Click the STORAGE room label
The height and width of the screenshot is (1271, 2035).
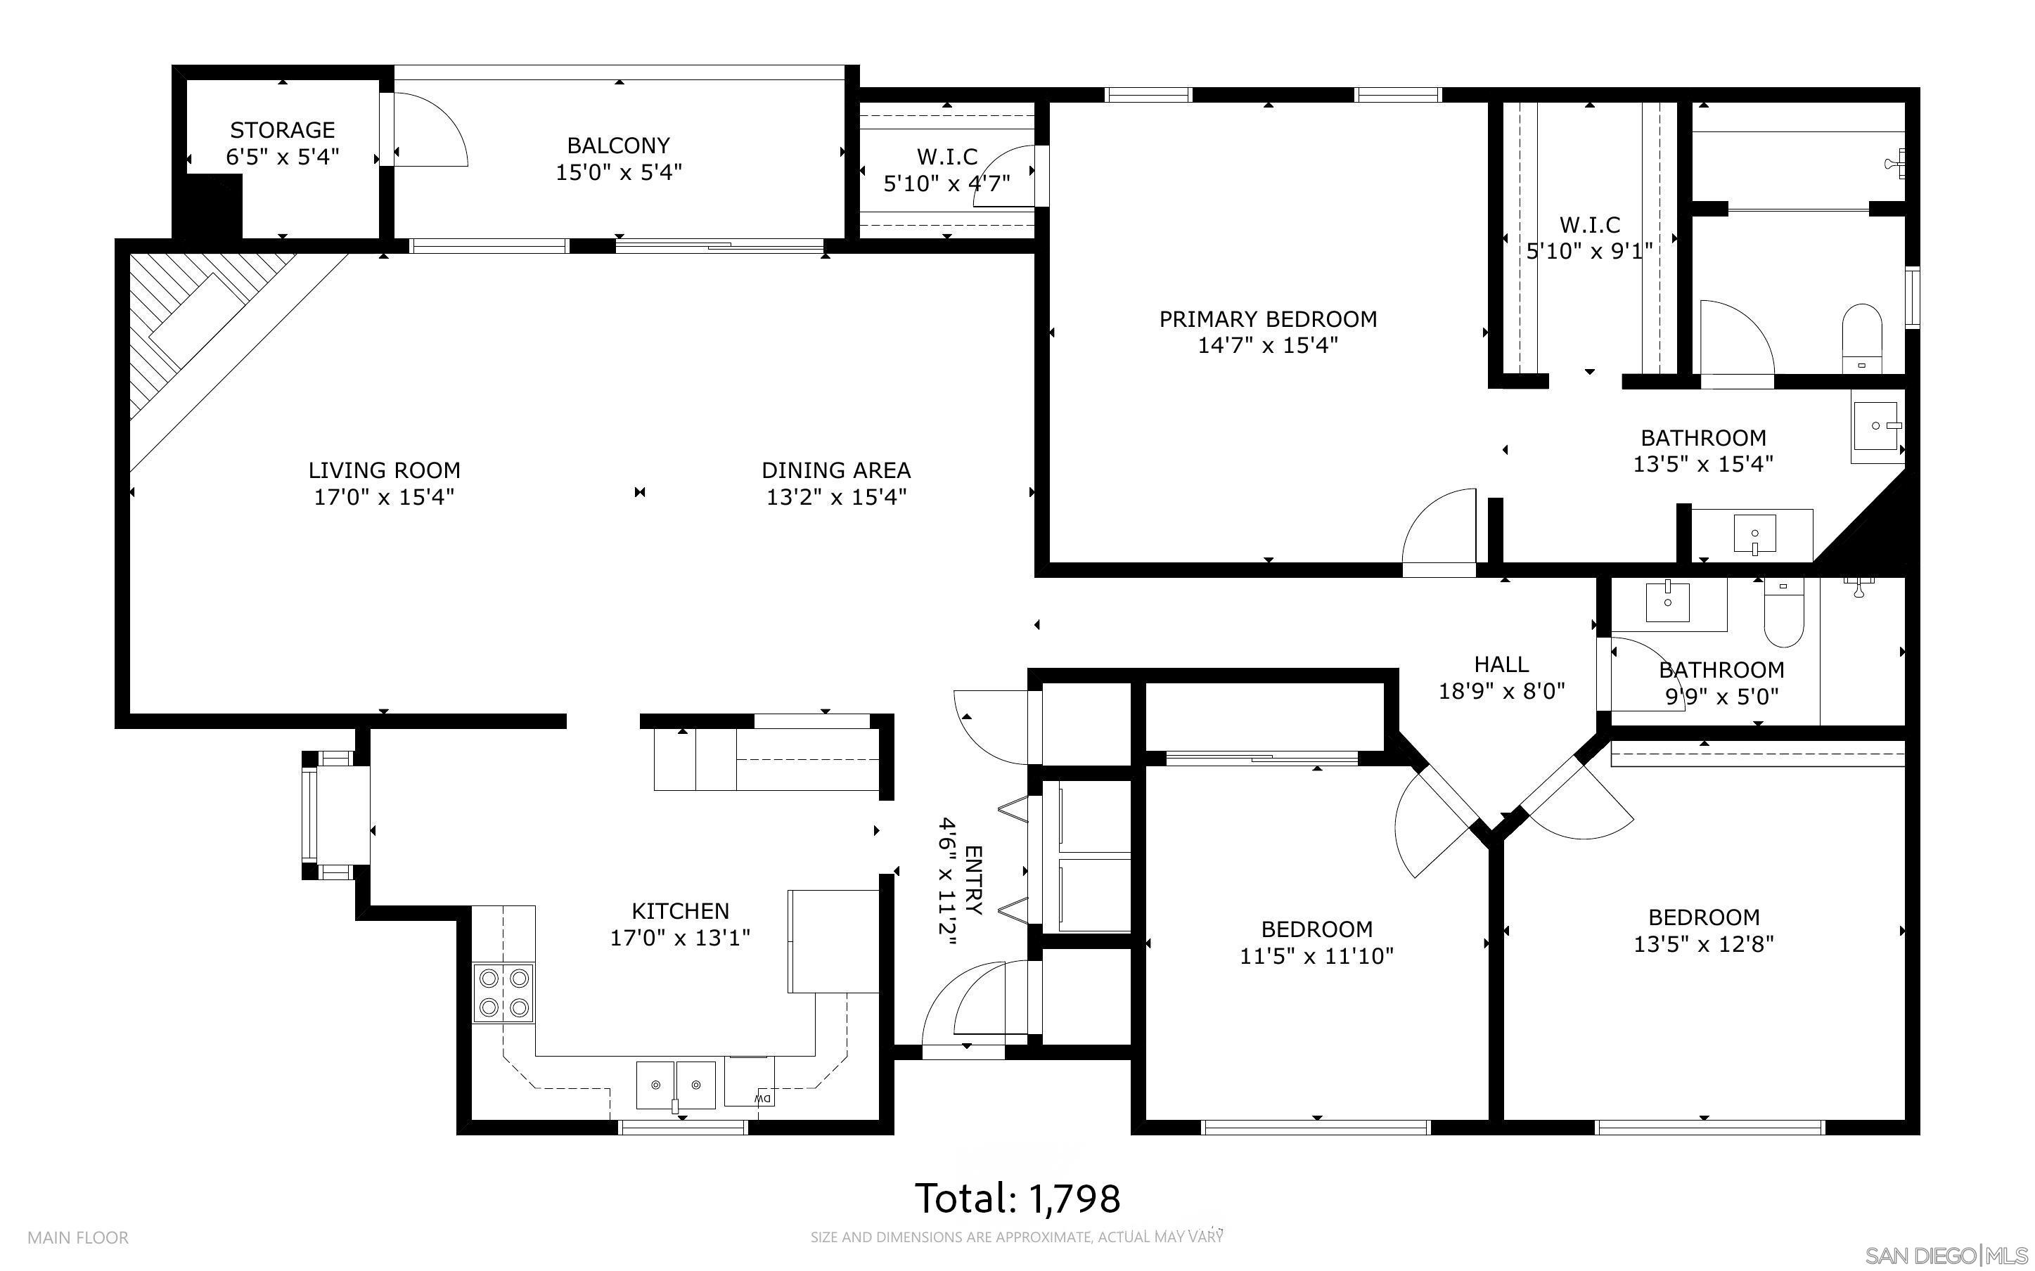(x=283, y=130)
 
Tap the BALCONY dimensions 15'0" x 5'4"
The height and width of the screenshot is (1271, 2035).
(x=618, y=172)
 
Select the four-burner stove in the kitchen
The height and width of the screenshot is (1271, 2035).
(x=503, y=993)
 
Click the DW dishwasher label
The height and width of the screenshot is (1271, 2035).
(x=763, y=1098)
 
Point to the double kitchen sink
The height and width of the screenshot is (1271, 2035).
(x=675, y=1085)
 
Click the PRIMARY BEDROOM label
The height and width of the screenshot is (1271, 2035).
(x=1268, y=319)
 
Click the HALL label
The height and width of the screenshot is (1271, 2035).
(x=1501, y=665)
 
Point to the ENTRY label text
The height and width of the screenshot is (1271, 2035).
(x=973, y=879)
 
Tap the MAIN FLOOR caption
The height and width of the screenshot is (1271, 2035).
(x=78, y=1237)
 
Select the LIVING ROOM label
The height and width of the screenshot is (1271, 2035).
(x=384, y=471)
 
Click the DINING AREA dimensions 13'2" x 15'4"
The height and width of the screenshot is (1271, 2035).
(x=835, y=497)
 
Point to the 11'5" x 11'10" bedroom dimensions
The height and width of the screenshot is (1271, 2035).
(x=1316, y=956)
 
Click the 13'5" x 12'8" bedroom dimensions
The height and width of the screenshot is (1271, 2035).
(x=1703, y=944)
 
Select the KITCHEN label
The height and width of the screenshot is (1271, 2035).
(x=680, y=911)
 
